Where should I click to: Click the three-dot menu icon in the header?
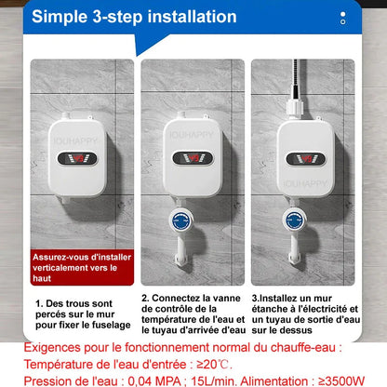click(x=343, y=17)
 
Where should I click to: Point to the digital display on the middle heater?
click(x=193, y=155)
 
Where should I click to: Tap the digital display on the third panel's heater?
click(x=303, y=156)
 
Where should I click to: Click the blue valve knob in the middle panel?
click(x=185, y=220)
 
